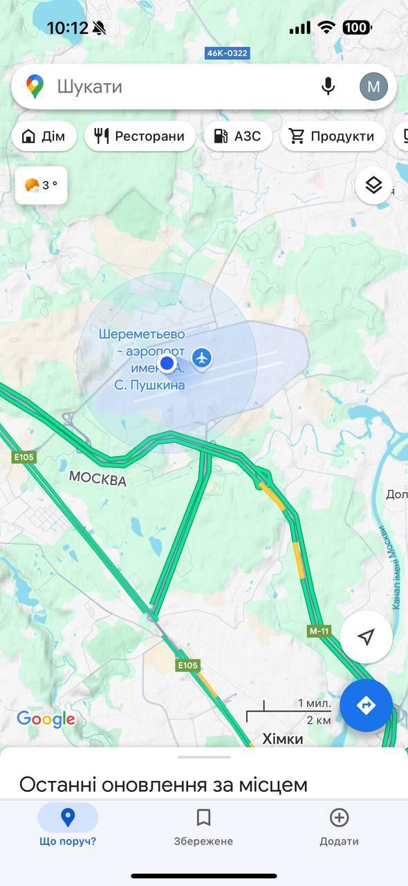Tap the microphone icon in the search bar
[328, 87]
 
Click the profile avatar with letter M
[373, 87]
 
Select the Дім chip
[43, 136]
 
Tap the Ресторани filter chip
[140, 136]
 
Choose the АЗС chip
[237, 136]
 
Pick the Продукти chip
[333, 136]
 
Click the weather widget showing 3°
[41, 186]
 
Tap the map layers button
[373, 186]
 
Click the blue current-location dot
[167, 363]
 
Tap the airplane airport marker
[202, 358]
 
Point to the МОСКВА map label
[98, 479]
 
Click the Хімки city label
[283, 739]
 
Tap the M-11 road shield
[319, 631]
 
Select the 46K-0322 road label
[228, 53]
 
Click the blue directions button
[366, 705]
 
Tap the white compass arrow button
[366, 637]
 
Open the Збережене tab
[203, 826]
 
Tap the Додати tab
[339, 826]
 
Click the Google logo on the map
[46, 719]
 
